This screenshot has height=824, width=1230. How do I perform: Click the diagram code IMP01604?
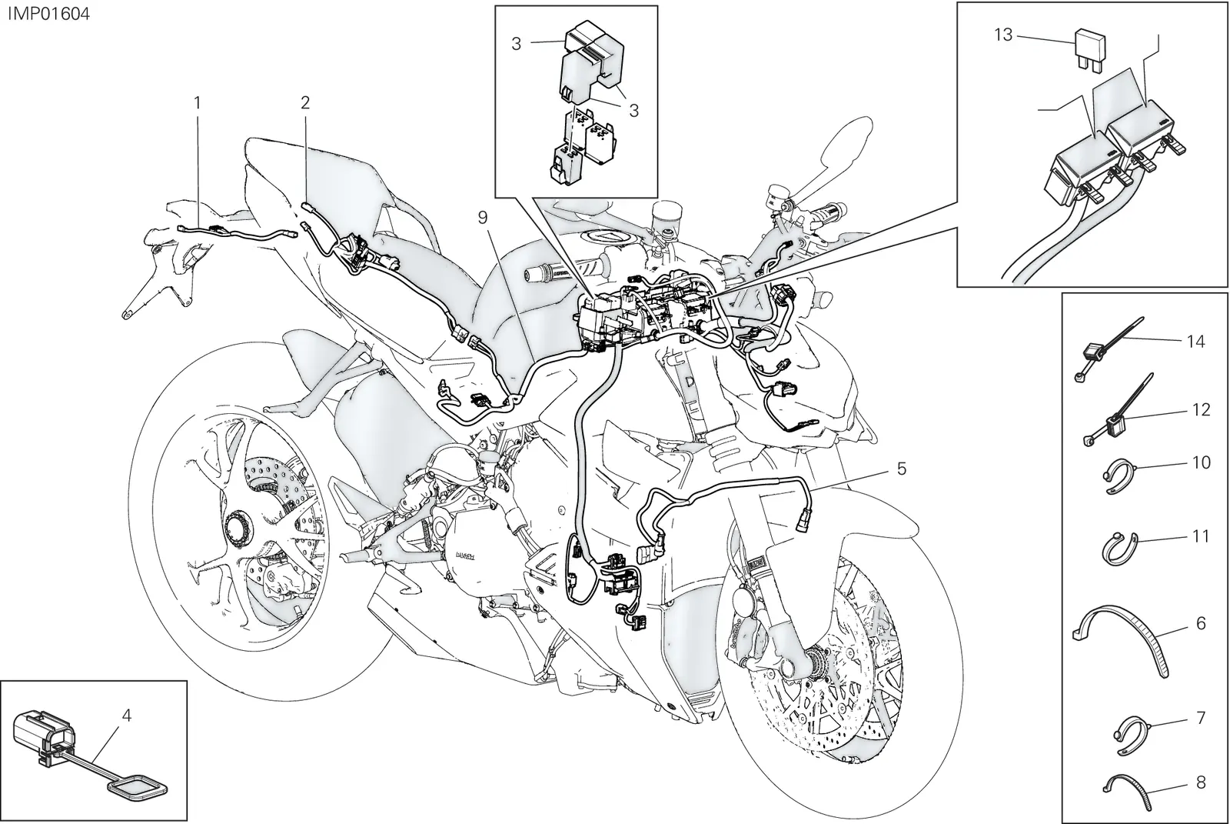pos(49,14)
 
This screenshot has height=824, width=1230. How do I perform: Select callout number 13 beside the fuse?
pos(1003,35)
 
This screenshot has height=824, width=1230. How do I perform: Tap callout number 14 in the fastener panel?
pos(1195,342)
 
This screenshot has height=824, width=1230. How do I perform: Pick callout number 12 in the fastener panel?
pos(1200,409)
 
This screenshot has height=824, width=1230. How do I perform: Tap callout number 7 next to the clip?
pos(1201,718)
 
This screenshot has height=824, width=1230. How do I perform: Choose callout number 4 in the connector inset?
pos(127,716)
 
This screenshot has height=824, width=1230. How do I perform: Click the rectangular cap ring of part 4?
pos(138,790)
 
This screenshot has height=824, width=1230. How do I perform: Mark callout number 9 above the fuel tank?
pos(483,218)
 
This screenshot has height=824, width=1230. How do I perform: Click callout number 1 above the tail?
pos(197,103)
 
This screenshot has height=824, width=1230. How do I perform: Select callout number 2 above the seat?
pos(305,102)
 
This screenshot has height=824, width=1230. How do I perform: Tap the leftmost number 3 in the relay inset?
pos(516,44)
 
